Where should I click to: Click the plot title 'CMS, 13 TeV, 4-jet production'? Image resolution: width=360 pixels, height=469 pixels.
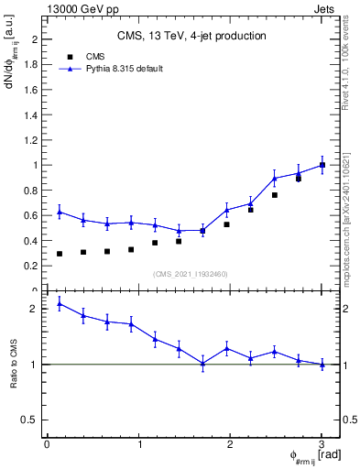pyautogui.click(x=191, y=36)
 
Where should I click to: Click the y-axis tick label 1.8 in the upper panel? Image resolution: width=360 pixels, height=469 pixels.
pyautogui.click(x=32, y=65)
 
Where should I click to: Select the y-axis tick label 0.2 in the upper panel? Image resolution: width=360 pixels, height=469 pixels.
pyautogui.click(x=32, y=266)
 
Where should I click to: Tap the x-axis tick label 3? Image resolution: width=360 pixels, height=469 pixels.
pyautogui.click(x=322, y=444)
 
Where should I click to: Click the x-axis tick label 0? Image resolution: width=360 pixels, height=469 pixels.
pyautogui.click(x=47, y=444)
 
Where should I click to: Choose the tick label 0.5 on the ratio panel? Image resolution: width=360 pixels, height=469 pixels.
pyautogui.click(x=30, y=420)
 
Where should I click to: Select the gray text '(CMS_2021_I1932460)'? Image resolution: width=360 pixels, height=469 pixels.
pyautogui.click(x=191, y=274)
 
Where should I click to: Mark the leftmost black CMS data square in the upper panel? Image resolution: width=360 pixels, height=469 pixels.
pyautogui.click(x=60, y=254)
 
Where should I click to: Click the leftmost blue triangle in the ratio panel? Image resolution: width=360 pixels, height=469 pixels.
pyautogui.click(x=60, y=303)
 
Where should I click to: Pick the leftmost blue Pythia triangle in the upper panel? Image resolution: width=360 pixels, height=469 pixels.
pyautogui.click(x=60, y=212)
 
